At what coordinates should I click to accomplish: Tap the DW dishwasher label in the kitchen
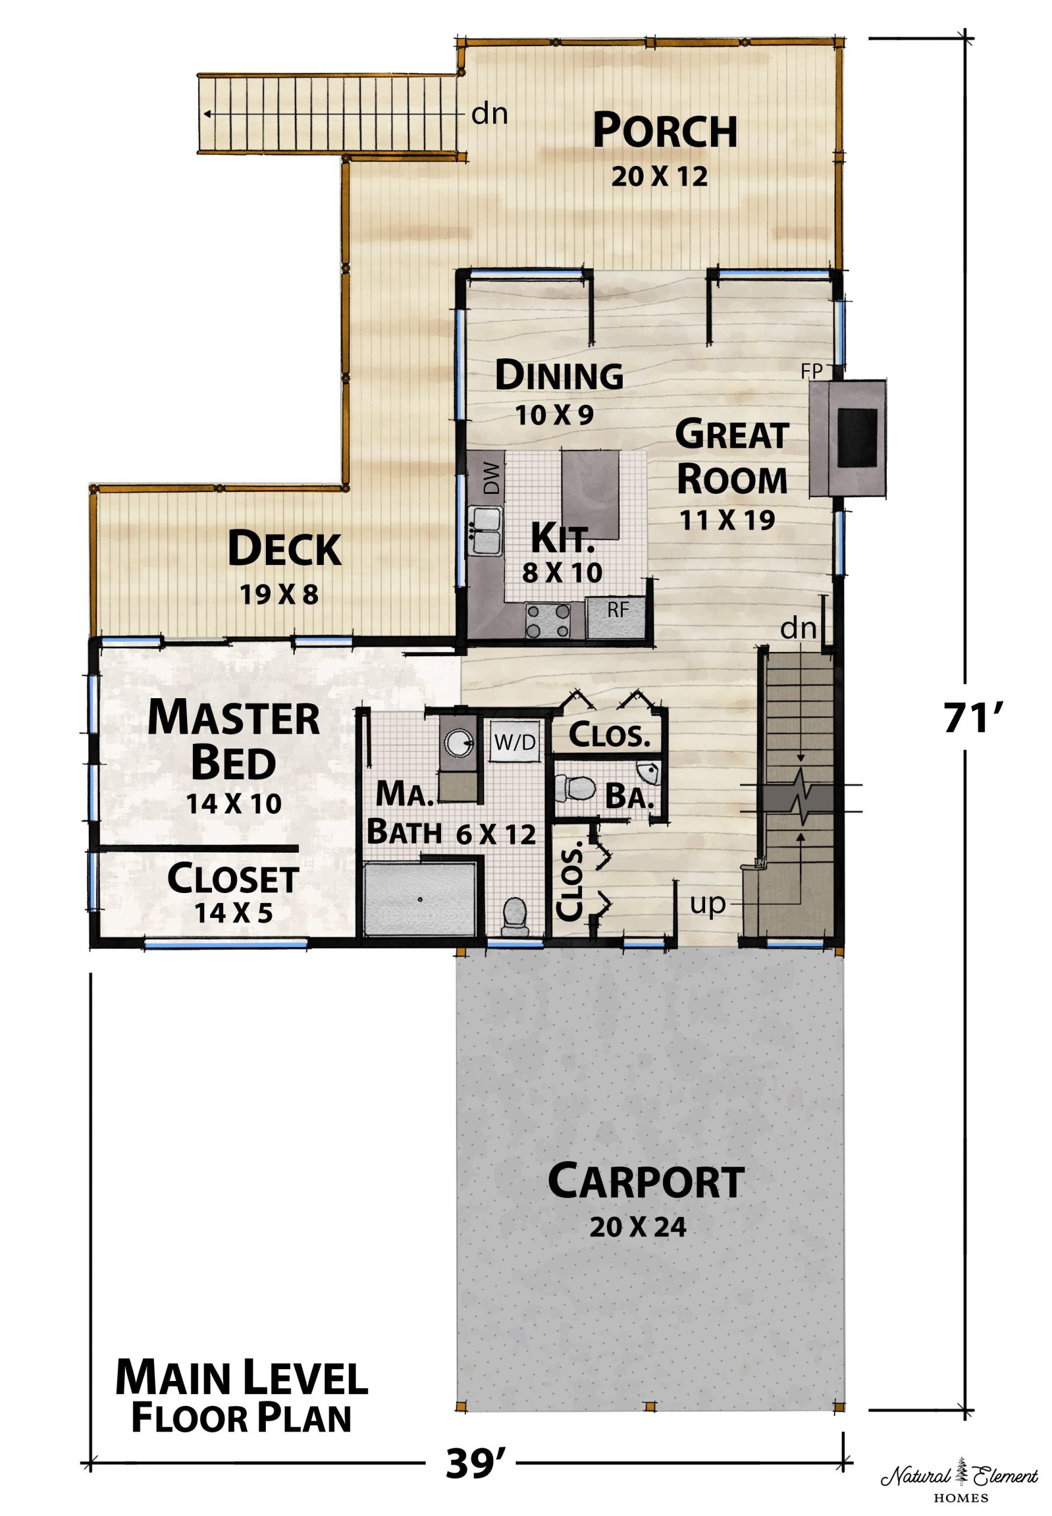click(492, 478)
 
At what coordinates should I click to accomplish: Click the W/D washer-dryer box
click(516, 743)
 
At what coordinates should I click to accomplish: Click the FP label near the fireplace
click(812, 372)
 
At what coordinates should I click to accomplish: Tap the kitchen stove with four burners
click(546, 621)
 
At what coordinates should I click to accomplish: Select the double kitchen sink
click(485, 531)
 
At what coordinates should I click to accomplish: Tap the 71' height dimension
click(972, 719)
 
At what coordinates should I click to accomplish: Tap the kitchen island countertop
click(590, 494)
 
